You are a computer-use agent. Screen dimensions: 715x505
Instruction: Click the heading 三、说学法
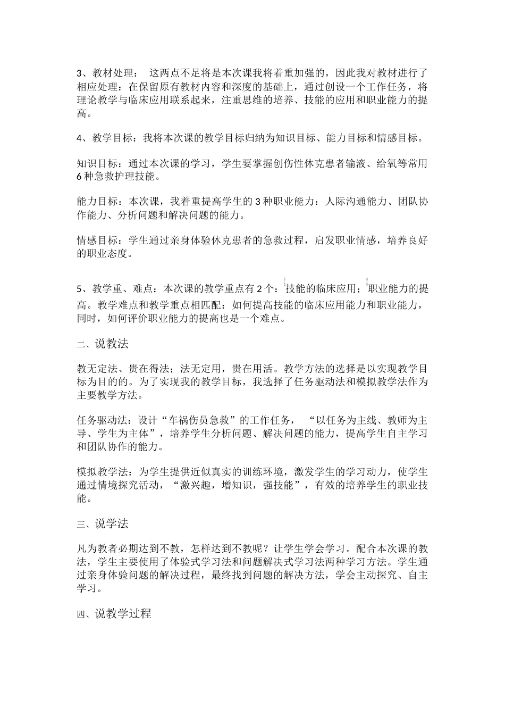[x=103, y=524]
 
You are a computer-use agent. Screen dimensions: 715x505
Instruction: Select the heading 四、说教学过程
[x=114, y=614]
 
